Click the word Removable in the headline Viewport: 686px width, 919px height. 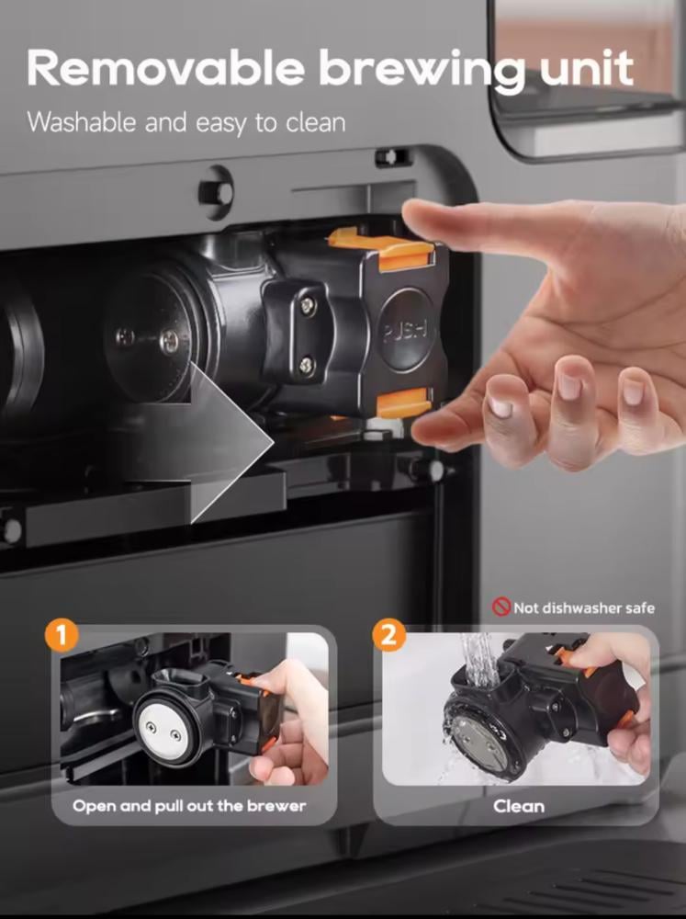click(165, 68)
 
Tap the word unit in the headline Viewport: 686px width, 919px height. click(587, 68)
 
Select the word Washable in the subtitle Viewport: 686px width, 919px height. click(82, 122)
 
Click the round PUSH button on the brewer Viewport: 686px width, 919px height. click(405, 330)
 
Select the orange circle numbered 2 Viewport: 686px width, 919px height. click(389, 635)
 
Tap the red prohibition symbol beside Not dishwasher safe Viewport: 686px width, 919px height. click(500, 607)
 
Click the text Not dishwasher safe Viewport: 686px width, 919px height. click(584, 607)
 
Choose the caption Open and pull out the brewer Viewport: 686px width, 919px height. click(189, 806)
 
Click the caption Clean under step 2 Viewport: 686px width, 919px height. click(519, 807)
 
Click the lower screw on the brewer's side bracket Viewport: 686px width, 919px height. click(308, 367)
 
